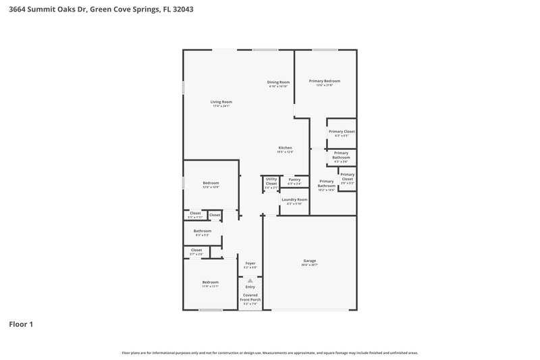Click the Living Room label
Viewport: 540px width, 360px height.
point(221,102)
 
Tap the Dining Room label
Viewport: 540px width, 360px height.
point(279,82)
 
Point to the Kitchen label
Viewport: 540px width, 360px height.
point(285,148)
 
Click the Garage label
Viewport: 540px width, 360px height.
point(309,261)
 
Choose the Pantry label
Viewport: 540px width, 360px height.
point(294,180)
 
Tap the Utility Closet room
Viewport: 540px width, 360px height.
point(271,182)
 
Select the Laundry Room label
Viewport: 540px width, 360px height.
point(294,200)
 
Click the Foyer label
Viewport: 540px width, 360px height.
point(250,263)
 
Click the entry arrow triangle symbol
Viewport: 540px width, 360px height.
point(250,280)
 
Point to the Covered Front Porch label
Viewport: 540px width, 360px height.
point(250,297)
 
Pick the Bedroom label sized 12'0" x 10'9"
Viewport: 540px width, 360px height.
point(211,183)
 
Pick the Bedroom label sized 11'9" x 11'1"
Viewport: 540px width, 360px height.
point(210,282)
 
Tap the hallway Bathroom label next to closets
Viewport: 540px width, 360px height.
point(202,231)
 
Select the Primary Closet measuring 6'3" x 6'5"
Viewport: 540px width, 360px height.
point(342,132)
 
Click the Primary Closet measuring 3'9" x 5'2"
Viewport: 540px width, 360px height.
point(347,177)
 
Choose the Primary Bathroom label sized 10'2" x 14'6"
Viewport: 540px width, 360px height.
point(327,184)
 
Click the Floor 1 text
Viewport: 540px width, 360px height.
point(21,324)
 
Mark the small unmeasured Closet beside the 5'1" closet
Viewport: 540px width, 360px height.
point(215,215)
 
